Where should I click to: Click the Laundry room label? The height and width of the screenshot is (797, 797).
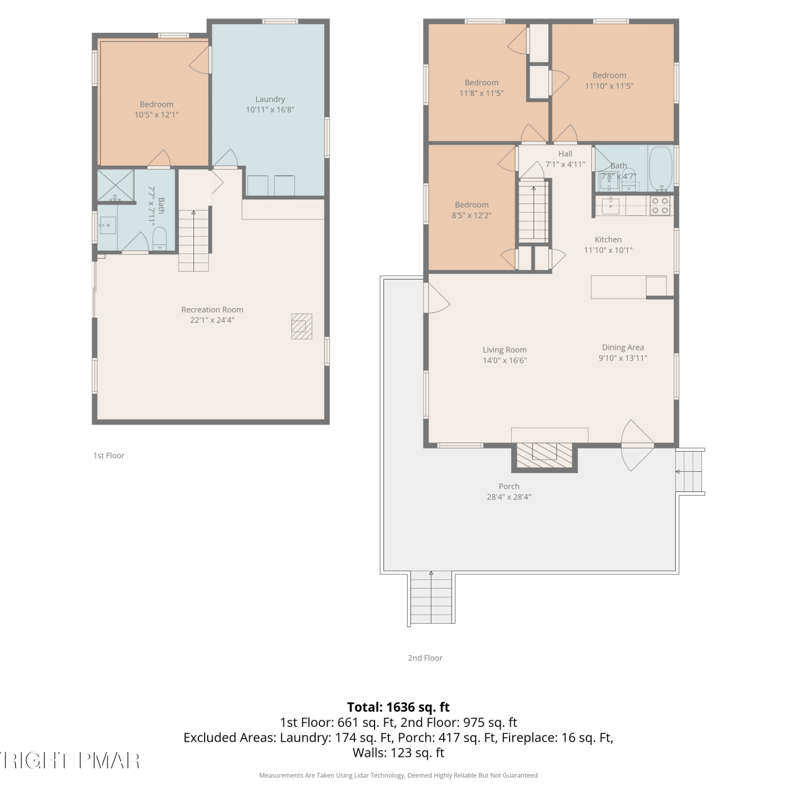[270, 99]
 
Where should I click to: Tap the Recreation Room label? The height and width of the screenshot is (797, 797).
[212, 310]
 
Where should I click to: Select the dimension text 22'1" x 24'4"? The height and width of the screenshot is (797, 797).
[212, 320]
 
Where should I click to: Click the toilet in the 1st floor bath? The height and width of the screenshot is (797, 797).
[160, 239]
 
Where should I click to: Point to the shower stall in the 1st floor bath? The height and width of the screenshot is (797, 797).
[115, 185]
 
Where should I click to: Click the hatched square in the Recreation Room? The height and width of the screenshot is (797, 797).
[301, 326]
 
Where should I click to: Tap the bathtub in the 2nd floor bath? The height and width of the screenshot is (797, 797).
[660, 168]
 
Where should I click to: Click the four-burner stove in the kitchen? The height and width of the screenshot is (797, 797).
[660, 206]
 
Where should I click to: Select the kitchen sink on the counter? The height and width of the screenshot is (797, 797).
[610, 206]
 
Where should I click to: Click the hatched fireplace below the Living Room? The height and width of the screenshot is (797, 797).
[545, 455]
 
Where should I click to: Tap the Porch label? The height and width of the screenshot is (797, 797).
[509, 487]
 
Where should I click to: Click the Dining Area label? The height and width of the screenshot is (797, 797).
[623, 347]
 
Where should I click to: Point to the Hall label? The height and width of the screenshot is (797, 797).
[565, 154]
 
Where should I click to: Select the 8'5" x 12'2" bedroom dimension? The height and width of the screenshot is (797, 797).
[472, 216]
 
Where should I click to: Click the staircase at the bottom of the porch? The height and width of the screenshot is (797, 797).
[431, 598]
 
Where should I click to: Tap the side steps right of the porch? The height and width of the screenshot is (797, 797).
[690, 471]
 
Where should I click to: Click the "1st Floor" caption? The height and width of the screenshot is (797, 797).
[109, 455]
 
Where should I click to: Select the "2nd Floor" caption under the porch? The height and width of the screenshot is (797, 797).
[425, 658]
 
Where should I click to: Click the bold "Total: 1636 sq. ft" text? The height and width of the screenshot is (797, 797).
[398, 707]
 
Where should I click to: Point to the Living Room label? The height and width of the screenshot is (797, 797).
[505, 350]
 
